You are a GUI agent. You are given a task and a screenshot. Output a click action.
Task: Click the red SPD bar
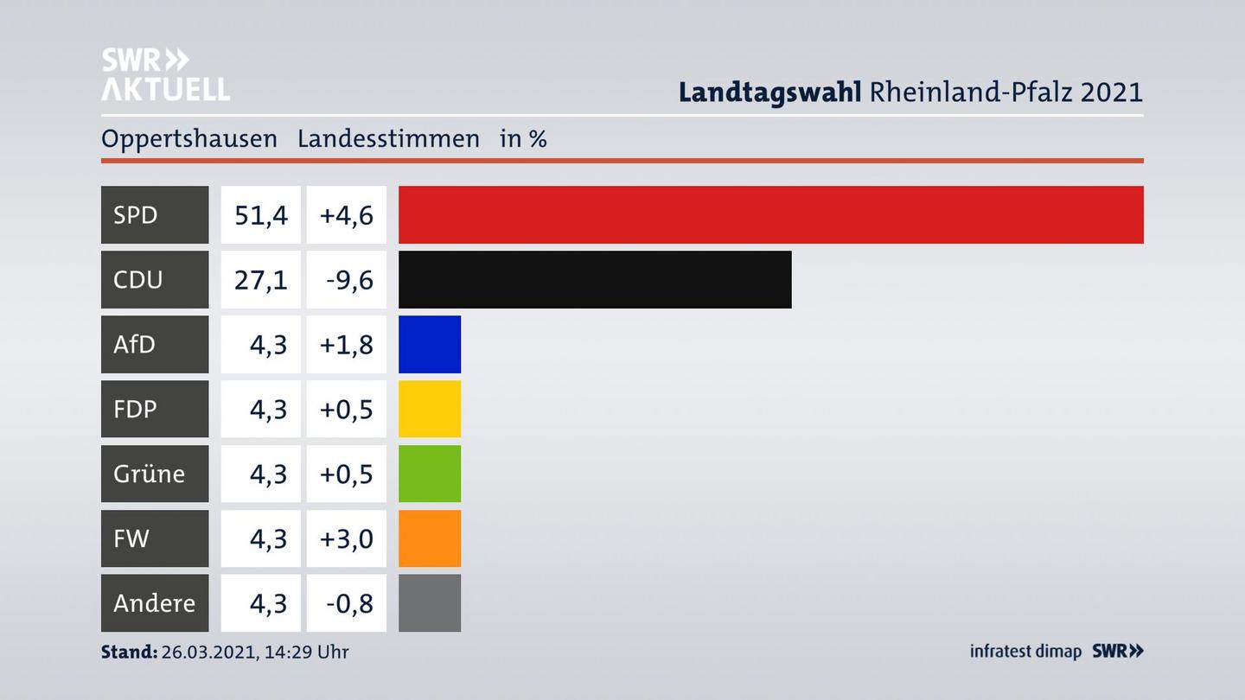click(x=770, y=214)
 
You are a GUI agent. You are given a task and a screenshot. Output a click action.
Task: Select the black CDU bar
click(x=595, y=279)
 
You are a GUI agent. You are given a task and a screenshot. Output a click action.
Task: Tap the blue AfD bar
click(x=430, y=344)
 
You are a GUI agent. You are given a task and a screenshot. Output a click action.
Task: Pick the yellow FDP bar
click(x=430, y=409)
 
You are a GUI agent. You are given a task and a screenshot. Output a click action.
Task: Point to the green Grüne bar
click(x=430, y=474)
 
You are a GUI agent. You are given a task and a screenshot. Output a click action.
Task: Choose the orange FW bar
click(x=430, y=538)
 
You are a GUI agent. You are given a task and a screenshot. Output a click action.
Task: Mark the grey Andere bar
click(x=430, y=603)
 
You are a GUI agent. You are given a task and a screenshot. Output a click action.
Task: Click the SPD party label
click(x=136, y=214)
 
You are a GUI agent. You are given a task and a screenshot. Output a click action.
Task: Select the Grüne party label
click(x=149, y=474)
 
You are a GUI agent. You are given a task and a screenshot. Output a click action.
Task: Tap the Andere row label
click(x=154, y=603)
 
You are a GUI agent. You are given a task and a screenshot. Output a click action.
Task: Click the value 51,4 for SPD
click(x=261, y=214)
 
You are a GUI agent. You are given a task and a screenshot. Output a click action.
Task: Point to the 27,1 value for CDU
click(x=261, y=279)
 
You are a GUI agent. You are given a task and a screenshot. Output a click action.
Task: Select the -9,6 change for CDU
click(x=350, y=279)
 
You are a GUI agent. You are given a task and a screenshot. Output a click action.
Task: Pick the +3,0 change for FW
click(x=347, y=538)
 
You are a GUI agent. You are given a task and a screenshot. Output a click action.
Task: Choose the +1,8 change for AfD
click(x=347, y=344)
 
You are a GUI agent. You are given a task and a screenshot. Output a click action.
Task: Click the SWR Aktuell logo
click(x=165, y=74)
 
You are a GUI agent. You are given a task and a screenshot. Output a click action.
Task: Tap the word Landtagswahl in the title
click(x=769, y=92)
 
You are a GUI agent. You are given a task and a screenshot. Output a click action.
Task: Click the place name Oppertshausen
click(x=189, y=138)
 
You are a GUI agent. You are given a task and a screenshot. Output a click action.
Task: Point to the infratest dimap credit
click(x=1025, y=651)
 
